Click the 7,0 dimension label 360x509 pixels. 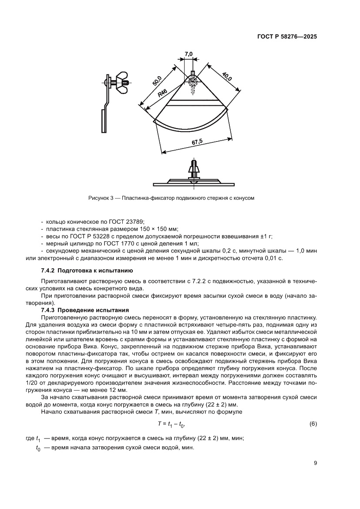tap(188, 54)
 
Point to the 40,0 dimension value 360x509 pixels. tap(227, 77)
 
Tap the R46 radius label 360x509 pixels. tap(163, 93)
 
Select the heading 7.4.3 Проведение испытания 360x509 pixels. tap(85, 310)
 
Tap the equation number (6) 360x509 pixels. tap(313, 423)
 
